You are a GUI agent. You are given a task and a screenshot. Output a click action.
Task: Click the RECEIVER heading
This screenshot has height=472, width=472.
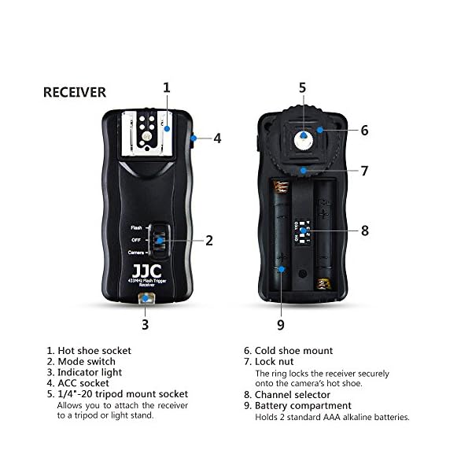point(75,92)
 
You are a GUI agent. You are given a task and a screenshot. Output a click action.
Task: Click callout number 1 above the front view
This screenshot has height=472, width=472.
point(167,87)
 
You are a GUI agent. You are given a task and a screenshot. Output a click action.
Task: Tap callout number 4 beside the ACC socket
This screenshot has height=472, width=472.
point(217,138)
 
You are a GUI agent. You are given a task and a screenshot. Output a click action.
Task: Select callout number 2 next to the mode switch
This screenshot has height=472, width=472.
point(209,241)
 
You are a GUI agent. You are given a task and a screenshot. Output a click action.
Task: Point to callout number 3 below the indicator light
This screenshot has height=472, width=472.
point(145,323)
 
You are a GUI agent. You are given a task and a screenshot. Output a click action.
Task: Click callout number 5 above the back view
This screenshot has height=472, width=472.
point(302,87)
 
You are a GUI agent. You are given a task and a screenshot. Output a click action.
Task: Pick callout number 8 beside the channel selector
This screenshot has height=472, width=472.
point(364,231)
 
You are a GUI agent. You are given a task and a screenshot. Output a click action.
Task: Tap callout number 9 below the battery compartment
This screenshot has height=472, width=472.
point(281,323)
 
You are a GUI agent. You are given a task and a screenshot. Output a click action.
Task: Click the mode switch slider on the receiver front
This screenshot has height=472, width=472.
point(160,240)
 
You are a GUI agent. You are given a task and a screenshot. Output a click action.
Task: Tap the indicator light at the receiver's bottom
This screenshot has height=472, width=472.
point(145,299)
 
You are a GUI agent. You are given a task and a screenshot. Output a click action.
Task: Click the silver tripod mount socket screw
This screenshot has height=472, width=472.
point(303,138)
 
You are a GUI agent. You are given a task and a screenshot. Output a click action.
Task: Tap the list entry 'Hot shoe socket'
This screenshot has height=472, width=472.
point(94,351)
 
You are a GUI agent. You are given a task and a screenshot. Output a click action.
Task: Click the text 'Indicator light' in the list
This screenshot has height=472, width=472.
point(90,372)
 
